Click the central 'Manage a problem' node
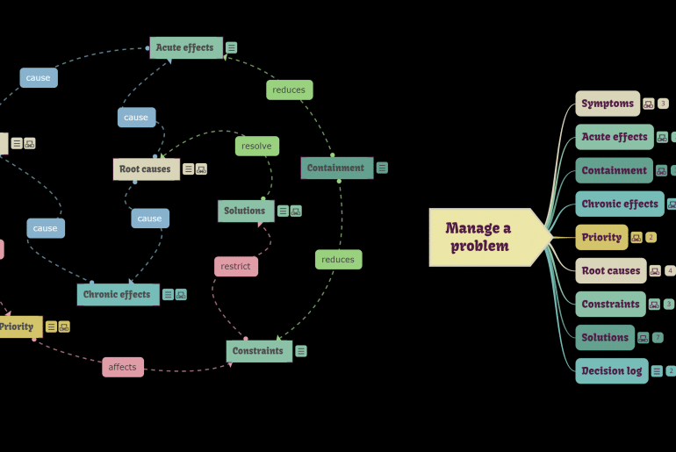(x=479, y=237)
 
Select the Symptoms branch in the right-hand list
(x=608, y=104)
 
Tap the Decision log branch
(x=612, y=370)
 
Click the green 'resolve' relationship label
(x=256, y=146)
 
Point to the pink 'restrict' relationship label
(x=235, y=266)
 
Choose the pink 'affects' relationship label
(x=122, y=367)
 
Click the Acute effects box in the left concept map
(x=185, y=47)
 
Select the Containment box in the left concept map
(x=336, y=168)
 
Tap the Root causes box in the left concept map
(x=146, y=169)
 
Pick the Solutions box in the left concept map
(x=245, y=211)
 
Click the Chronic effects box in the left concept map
(x=118, y=295)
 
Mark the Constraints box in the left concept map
(x=259, y=351)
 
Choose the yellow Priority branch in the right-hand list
(x=601, y=237)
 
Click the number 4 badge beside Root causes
(x=670, y=271)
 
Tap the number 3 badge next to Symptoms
(x=663, y=104)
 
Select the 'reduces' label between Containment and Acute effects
(x=289, y=90)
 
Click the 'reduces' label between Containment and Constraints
(x=338, y=259)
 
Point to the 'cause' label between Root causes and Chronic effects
(x=149, y=219)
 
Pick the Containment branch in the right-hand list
(x=614, y=170)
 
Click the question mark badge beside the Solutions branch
(x=658, y=338)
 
